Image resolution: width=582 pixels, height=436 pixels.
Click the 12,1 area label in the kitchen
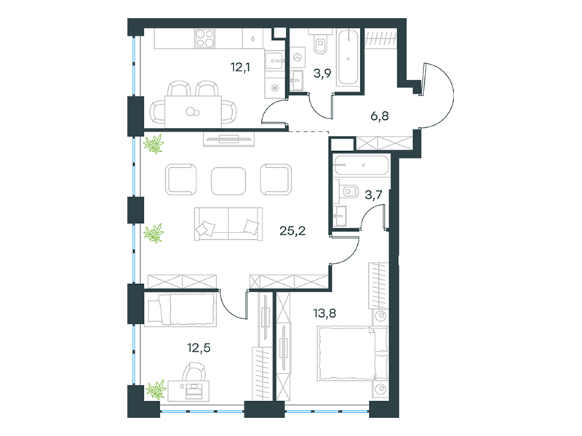tap(240, 68)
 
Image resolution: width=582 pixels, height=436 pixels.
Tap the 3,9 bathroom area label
tap(322, 73)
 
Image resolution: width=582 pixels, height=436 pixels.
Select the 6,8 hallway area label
tap(380, 116)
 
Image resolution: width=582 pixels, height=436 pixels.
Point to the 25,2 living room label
tap(292, 231)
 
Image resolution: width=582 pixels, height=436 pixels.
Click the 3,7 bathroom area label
tap(373, 195)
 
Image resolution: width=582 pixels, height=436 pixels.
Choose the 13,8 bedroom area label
tap(324, 313)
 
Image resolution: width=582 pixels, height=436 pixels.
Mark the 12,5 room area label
tap(199, 348)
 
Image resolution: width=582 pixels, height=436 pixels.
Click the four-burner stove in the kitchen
tap(205, 39)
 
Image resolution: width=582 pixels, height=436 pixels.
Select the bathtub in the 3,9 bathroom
tap(348, 57)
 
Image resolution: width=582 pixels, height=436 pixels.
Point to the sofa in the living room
tap(228, 225)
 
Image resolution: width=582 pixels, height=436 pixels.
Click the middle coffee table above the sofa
tap(228, 181)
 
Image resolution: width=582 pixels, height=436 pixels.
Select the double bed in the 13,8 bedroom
tap(353, 353)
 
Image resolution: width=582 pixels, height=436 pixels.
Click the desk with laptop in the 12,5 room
tap(188, 391)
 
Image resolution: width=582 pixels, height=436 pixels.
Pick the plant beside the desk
tap(156, 389)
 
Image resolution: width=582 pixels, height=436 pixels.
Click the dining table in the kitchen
tap(193, 112)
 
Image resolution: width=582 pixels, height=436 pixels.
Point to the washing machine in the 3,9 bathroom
tap(297, 57)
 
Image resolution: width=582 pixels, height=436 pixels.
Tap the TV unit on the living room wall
tap(228, 140)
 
